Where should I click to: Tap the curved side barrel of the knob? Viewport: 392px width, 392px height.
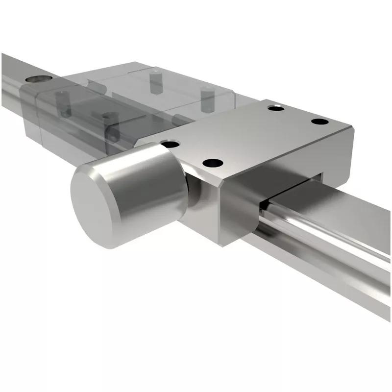147,171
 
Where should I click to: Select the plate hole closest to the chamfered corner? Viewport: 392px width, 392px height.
213,163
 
